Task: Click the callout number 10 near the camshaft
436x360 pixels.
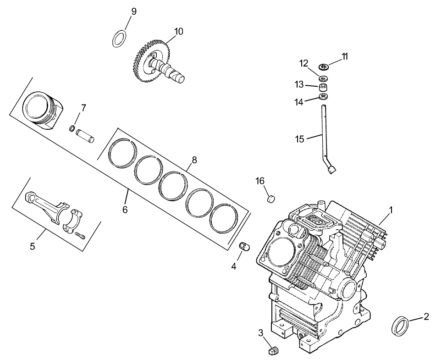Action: (x=178, y=31)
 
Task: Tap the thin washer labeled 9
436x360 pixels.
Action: (x=120, y=38)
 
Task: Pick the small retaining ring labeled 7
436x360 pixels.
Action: (x=72, y=127)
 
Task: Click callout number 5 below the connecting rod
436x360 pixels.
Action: (x=33, y=246)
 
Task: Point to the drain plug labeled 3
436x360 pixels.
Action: (x=273, y=351)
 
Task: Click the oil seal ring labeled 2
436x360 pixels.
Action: (x=400, y=327)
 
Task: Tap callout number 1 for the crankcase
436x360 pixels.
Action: (x=391, y=210)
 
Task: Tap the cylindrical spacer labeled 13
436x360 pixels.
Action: (x=323, y=86)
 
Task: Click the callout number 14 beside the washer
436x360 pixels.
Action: (x=298, y=102)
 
